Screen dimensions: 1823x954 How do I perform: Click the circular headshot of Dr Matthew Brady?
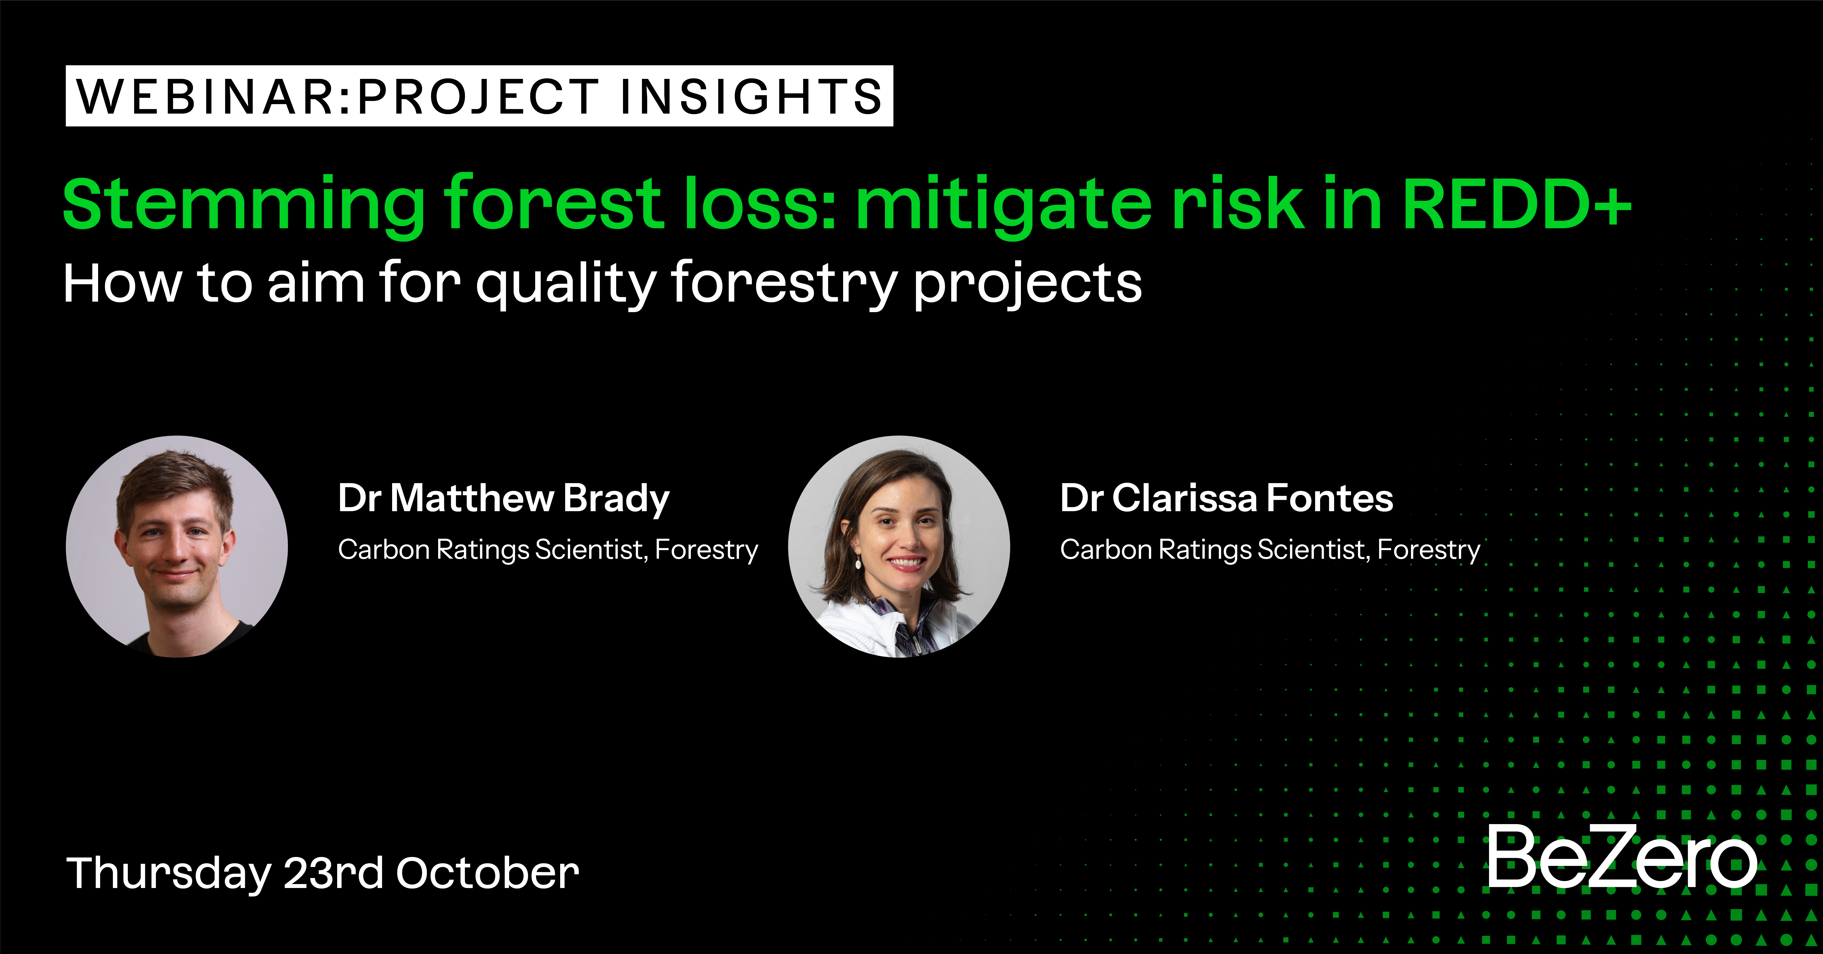click(x=177, y=546)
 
